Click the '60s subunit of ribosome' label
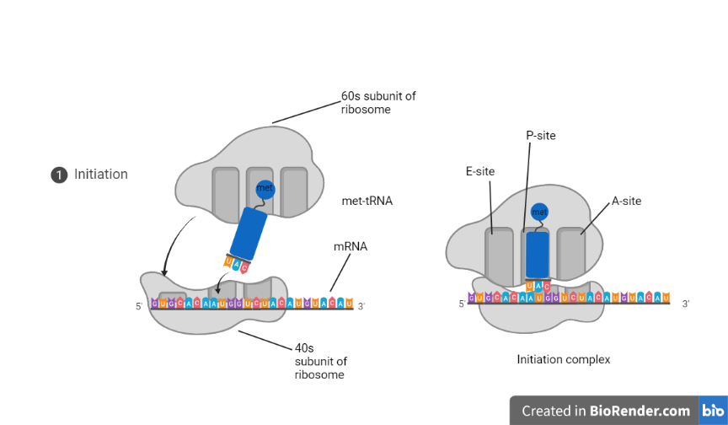[378, 103]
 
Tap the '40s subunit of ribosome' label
[320, 361]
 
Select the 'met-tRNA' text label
[367, 202]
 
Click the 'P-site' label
[540, 136]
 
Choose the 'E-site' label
[479, 171]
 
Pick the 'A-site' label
[626, 201]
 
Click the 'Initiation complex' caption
[563, 359]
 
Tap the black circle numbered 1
[59, 175]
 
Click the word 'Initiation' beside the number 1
[101, 175]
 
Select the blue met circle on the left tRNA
[265, 189]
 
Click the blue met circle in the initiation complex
[539, 212]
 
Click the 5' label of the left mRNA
[139, 307]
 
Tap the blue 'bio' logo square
[713, 411]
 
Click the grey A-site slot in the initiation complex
[571, 253]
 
